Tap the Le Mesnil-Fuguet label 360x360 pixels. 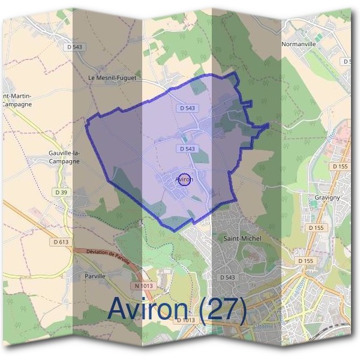pos(112,77)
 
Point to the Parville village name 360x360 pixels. pos(95,277)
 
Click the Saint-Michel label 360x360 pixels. pos(242,238)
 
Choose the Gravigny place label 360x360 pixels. pos(328,197)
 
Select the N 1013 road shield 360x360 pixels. pos(144,286)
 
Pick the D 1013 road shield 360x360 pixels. pos(186,320)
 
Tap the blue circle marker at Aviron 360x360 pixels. pos(185,179)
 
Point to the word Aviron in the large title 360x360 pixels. pos(151,310)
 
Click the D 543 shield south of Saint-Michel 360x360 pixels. pos(227,277)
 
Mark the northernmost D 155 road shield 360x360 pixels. pos(340,166)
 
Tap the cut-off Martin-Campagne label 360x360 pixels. pos(16,100)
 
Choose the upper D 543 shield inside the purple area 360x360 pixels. pos(187,108)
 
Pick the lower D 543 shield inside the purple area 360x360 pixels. pos(187,148)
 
